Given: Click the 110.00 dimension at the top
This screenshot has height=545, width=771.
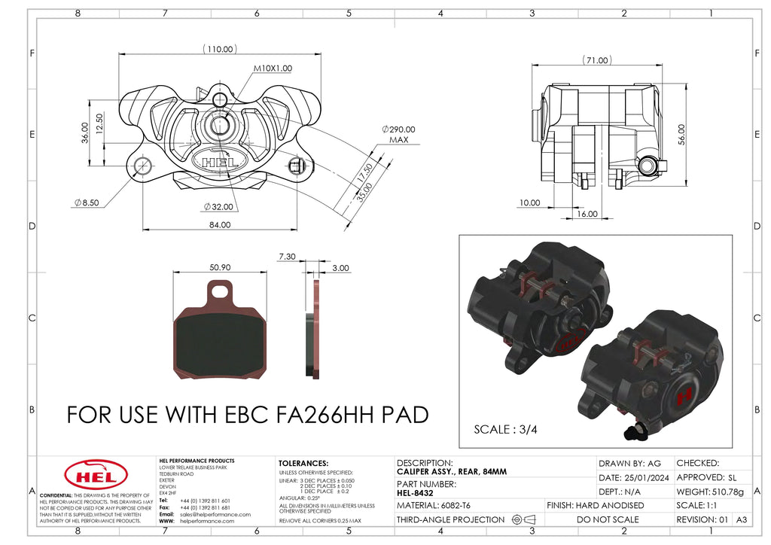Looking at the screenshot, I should coord(220,49).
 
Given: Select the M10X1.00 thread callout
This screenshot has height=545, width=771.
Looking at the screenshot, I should coord(272,68).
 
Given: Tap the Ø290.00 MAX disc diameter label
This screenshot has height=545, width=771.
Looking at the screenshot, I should coord(398,135).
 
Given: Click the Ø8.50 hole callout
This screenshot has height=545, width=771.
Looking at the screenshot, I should coord(87,202).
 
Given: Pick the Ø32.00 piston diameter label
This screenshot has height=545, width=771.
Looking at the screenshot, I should coord(218,206).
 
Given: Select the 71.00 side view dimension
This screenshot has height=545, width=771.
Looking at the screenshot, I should coord(596,59).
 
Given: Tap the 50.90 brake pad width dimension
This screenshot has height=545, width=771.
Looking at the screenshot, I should coord(220,267).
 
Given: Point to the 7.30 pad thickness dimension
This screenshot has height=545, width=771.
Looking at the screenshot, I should coord(286,257).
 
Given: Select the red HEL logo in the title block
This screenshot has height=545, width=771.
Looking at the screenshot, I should coord(90,474).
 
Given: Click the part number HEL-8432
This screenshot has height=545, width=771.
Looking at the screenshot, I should coord(414,493).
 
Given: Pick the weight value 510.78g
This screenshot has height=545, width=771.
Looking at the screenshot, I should coord(727,492).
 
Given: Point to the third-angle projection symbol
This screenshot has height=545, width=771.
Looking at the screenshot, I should coord(523,519).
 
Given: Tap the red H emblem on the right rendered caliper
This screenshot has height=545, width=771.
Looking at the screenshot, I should coord(684,394).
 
